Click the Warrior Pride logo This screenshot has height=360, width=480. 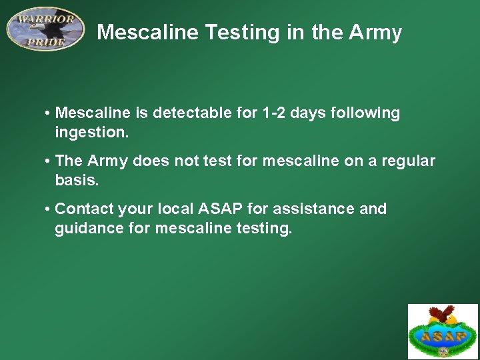click(x=45, y=29)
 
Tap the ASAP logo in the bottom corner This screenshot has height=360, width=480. click(x=443, y=331)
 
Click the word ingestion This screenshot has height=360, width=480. click(x=91, y=132)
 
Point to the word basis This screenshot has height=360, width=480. click(x=75, y=179)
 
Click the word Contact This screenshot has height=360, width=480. click(x=85, y=209)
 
